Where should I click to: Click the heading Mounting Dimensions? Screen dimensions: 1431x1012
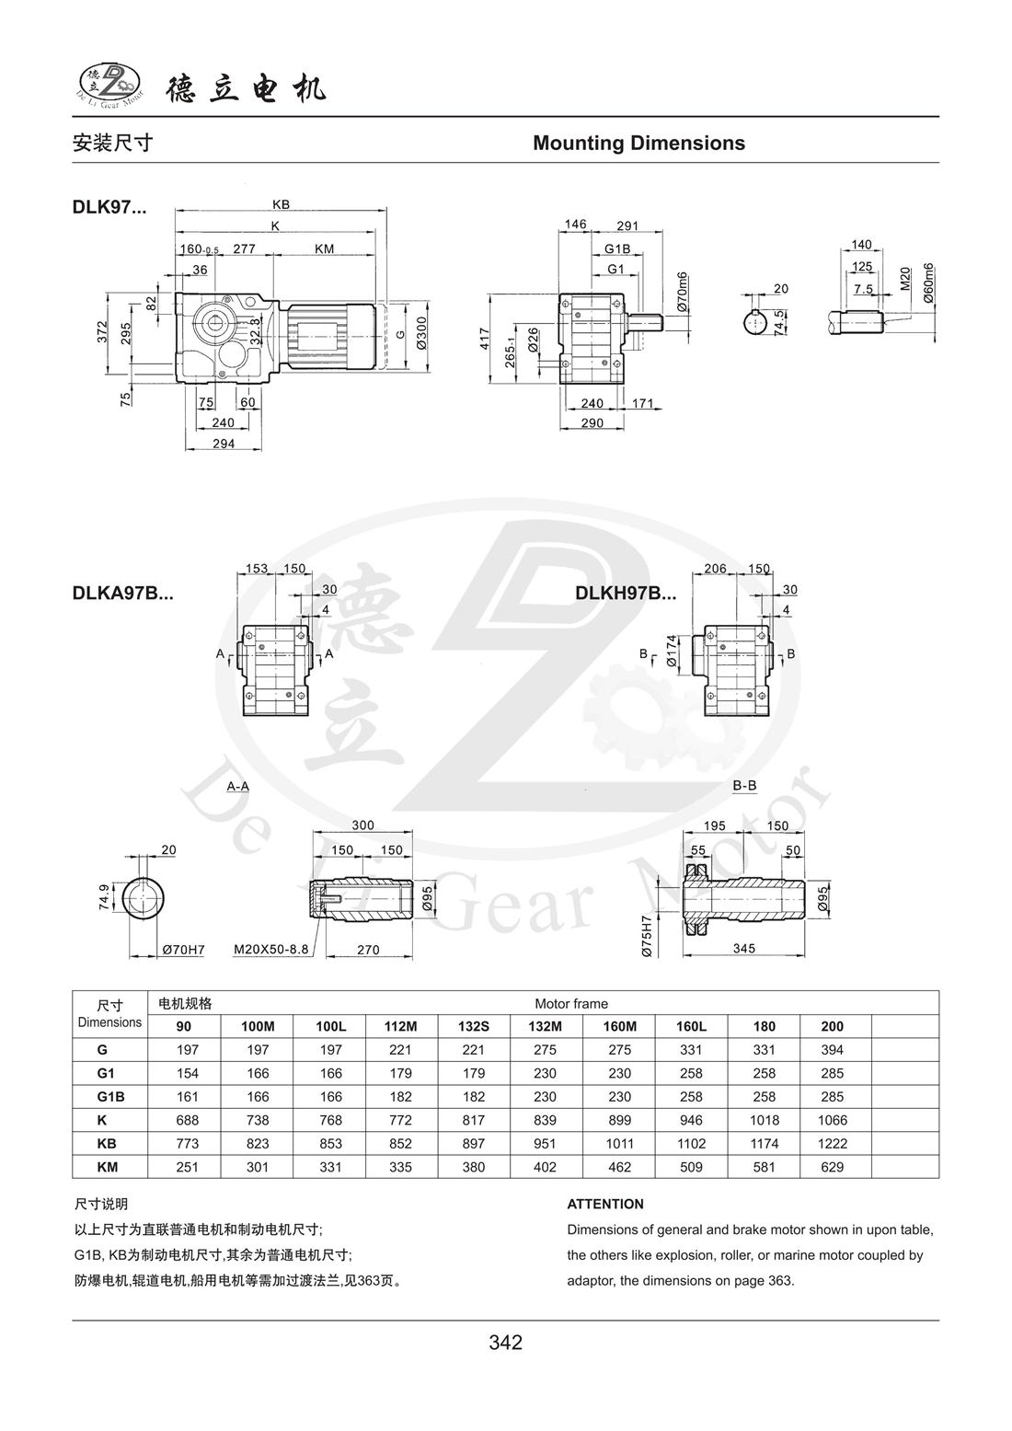[x=638, y=144]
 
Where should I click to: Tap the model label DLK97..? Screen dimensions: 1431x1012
[x=109, y=207]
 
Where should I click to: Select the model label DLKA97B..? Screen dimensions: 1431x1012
[x=122, y=594]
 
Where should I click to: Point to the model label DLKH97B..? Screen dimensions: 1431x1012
[x=626, y=594]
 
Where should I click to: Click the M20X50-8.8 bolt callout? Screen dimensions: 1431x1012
[x=271, y=949]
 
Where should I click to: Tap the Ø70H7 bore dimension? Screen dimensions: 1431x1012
[x=183, y=949]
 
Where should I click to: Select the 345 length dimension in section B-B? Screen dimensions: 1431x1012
[x=745, y=948]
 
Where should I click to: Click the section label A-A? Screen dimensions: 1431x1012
[x=237, y=786]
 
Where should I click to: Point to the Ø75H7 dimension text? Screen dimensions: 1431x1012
[x=647, y=937]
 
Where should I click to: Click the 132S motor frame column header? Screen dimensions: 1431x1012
[x=474, y=1026]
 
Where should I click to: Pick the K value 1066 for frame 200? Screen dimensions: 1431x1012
[x=832, y=1120]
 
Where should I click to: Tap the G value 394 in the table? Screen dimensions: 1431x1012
[x=832, y=1050]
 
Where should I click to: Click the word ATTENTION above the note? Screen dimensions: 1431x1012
[x=605, y=1204]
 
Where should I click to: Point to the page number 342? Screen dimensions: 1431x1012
[x=506, y=1343]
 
